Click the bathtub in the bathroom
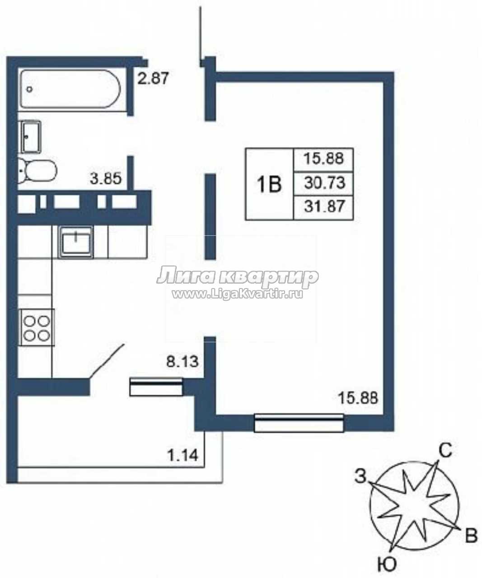click(x=70, y=89)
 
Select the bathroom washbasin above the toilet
click(x=31, y=137)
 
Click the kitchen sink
click(x=76, y=242)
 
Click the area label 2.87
click(x=153, y=78)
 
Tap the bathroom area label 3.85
click(x=106, y=178)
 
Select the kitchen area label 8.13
click(x=183, y=362)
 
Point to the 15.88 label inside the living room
click(x=358, y=398)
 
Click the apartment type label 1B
click(x=269, y=184)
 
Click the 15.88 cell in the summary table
click(x=323, y=159)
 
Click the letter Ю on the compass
click(x=387, y=564)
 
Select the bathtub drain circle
click(x=30, y=89)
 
